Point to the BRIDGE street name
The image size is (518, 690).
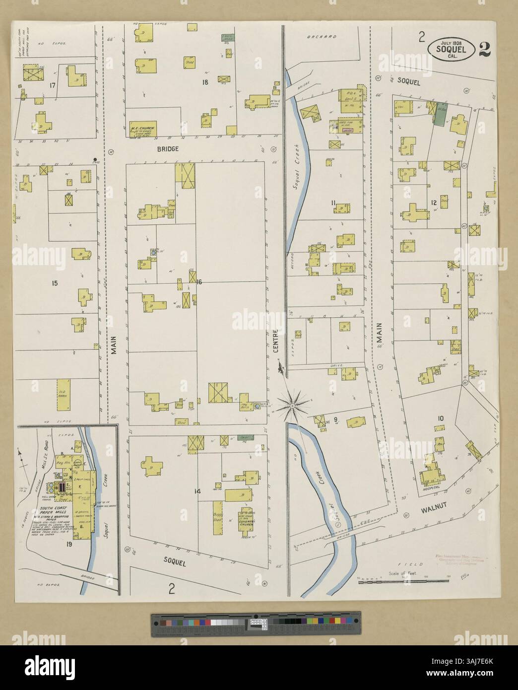(168, 149)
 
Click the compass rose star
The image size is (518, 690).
(293, 406)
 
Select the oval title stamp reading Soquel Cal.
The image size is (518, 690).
(453, 50)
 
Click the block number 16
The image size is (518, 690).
(199, 282)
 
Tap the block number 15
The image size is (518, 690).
(55, 283)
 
